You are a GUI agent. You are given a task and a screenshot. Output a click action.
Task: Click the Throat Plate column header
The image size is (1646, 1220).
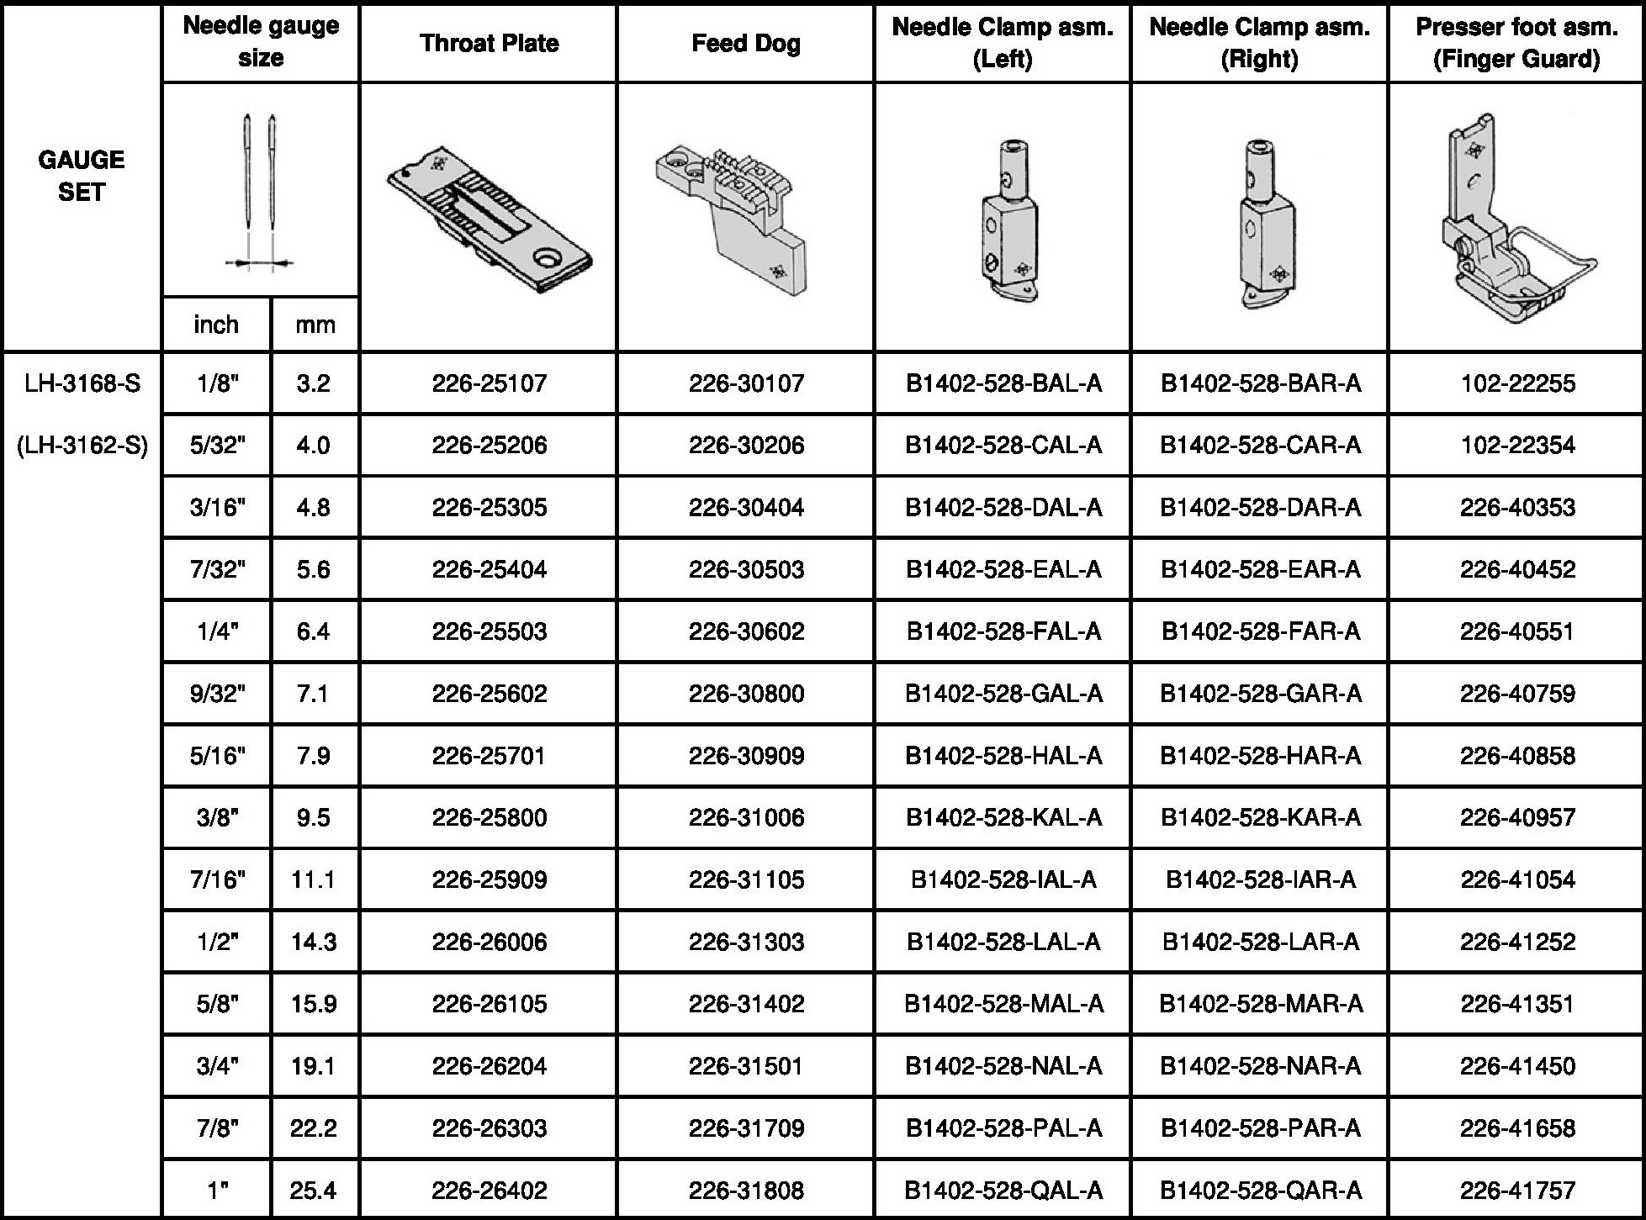[489, 43]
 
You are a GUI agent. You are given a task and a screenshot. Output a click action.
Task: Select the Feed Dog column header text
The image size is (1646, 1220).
[745, 43]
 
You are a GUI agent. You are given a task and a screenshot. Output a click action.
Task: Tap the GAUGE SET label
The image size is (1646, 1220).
[82, 176]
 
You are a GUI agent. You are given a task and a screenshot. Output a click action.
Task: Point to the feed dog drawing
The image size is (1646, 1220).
[733, 219]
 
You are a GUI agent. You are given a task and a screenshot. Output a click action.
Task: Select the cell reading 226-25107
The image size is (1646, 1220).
[489, 383]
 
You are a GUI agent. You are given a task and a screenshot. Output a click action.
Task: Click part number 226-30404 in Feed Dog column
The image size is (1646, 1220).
[746, 508]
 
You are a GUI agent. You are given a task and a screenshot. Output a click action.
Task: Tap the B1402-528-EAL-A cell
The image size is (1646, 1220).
[1003, 570]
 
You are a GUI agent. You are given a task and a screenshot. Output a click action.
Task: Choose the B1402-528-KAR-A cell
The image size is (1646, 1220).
[1260, 818]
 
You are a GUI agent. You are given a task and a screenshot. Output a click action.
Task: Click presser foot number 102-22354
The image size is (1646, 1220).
[1517, 446]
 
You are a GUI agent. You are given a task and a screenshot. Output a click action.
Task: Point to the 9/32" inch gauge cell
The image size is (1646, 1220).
[217, 694]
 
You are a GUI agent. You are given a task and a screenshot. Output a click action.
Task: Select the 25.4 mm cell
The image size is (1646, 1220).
[313, 1191]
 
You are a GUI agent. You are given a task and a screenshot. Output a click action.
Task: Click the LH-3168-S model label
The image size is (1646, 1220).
[82, 383]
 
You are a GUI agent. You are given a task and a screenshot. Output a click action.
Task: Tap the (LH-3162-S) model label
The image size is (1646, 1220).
[82, 446]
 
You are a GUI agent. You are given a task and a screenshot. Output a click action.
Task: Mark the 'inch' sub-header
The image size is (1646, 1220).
[216, 325]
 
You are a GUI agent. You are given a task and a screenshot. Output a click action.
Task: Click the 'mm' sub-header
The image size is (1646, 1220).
[315, 325]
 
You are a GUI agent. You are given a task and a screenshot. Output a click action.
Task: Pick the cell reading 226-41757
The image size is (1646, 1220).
[1517, 1191]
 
